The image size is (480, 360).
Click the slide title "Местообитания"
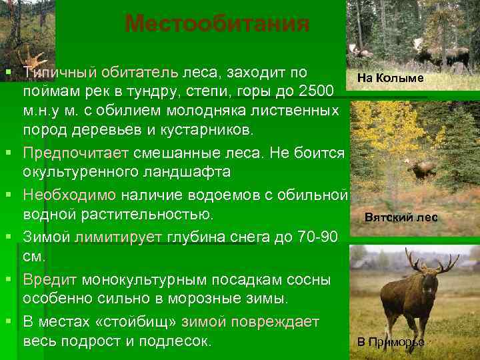point(217,25)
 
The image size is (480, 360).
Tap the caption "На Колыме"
point(390,78)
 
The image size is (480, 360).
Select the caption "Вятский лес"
point(401,217)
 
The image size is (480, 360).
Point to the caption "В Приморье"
point(390,343)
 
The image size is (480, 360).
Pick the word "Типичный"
point(59,71)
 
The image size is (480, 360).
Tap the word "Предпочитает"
point(76,153)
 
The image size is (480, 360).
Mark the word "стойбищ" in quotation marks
point(141,321)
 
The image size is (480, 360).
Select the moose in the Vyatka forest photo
point(421,171)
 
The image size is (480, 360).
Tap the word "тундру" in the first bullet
point(157,90)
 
